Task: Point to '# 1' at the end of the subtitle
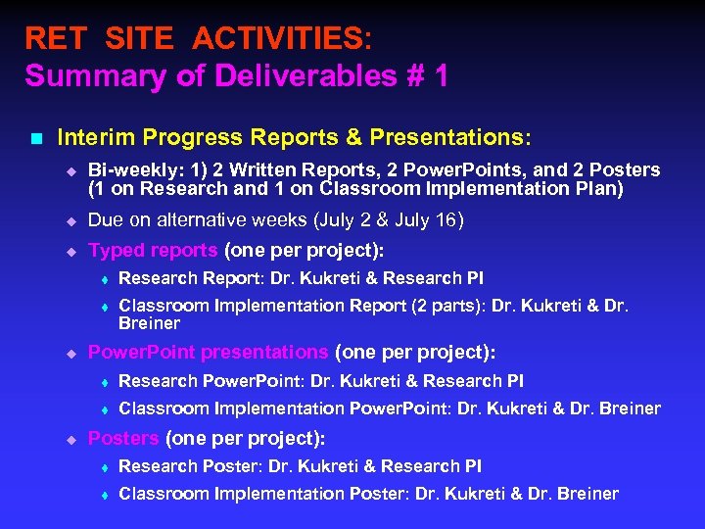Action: (426, 75)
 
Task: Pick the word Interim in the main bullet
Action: (93, 139)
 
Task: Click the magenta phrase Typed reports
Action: (154, 250)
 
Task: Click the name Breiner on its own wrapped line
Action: (149, 323)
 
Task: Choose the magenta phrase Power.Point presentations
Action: (208, 352)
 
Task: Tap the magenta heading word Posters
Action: (123, 438)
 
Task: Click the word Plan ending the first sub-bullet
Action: (599, 188)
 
